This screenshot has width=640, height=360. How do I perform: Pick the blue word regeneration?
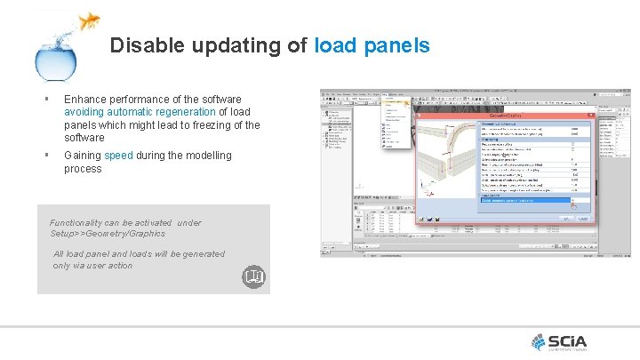tap(183, 112)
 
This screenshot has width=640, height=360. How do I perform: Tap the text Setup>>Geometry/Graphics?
tap(108, 234)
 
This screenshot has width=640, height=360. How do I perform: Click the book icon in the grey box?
tap(253, 278)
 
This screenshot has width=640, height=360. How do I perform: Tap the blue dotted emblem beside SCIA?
tap(540, 340)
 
